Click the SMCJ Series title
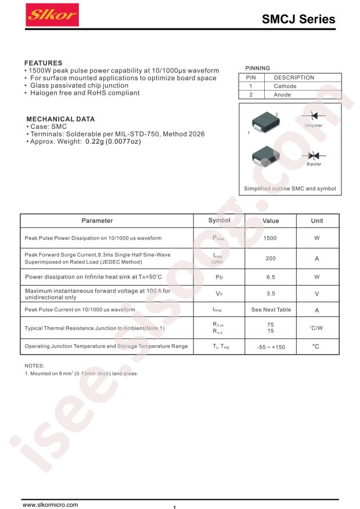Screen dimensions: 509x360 (298, 19)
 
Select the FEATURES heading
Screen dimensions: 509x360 (43, 63)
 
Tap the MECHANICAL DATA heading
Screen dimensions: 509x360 (60, 119)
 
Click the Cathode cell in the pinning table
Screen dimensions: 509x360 (285, 86)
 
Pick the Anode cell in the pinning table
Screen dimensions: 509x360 (282, 94)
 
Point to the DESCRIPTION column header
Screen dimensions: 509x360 (294, 77)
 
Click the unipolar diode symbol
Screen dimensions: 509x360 (314, 116)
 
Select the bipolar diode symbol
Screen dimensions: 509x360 (314, 156)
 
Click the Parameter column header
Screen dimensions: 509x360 (97, 221)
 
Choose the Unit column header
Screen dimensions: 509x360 (317, 221)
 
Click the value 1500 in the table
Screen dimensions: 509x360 (271, 238)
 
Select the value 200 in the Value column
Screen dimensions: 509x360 (271, 258)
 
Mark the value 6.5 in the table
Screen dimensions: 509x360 (271, 277)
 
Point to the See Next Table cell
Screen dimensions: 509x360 (271, 309)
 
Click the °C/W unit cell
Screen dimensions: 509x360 (317, 328)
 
